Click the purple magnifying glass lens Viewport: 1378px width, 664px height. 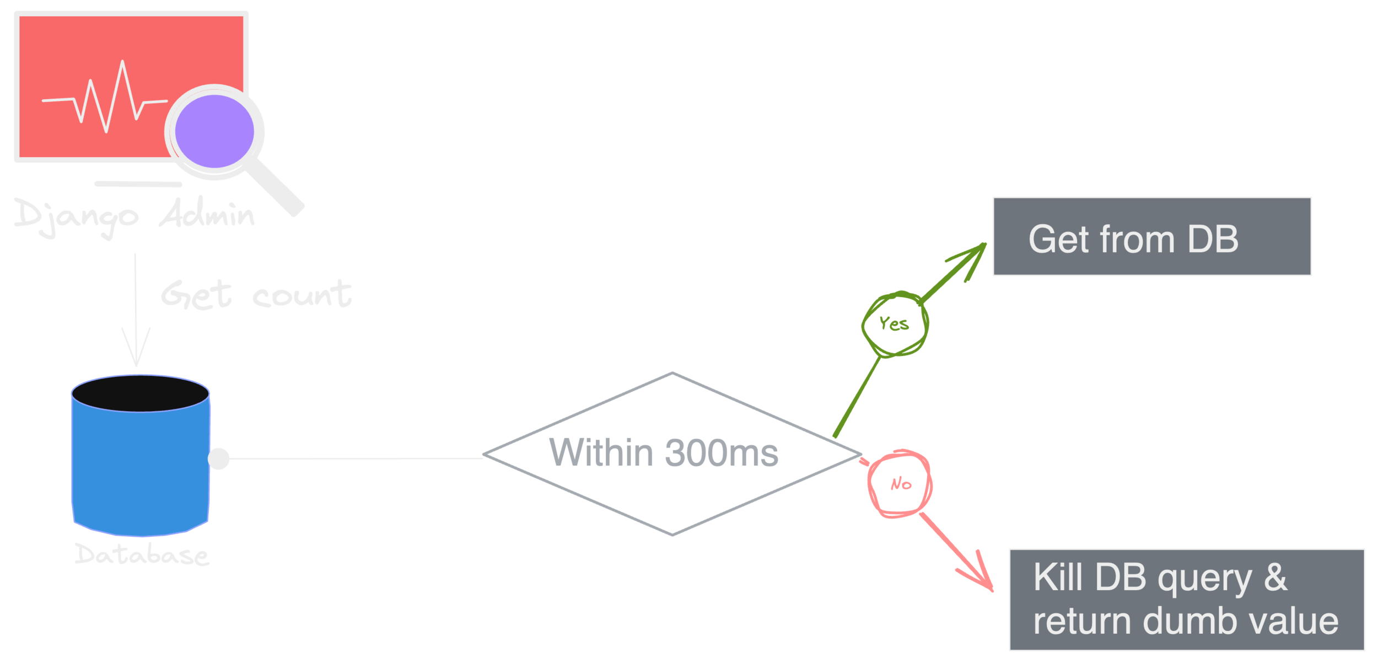coord(214,131)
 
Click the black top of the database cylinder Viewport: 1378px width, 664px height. coord(140,393)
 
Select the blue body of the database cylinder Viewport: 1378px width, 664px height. coord(140,468)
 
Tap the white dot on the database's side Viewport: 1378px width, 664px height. coord(219,458)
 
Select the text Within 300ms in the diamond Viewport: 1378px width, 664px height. coord(664,453)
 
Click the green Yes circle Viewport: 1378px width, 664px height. coord(895,323)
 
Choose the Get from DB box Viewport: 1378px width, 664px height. coord(1152,236)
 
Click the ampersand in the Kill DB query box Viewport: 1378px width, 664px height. coord(1275,577)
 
